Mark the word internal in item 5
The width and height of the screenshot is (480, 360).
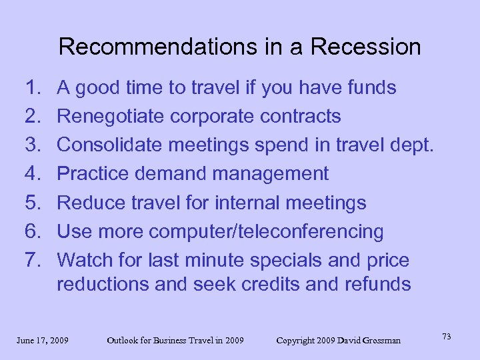(245, 203)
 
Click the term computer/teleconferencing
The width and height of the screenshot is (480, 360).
(266, 232)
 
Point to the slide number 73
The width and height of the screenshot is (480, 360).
(447, 337)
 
